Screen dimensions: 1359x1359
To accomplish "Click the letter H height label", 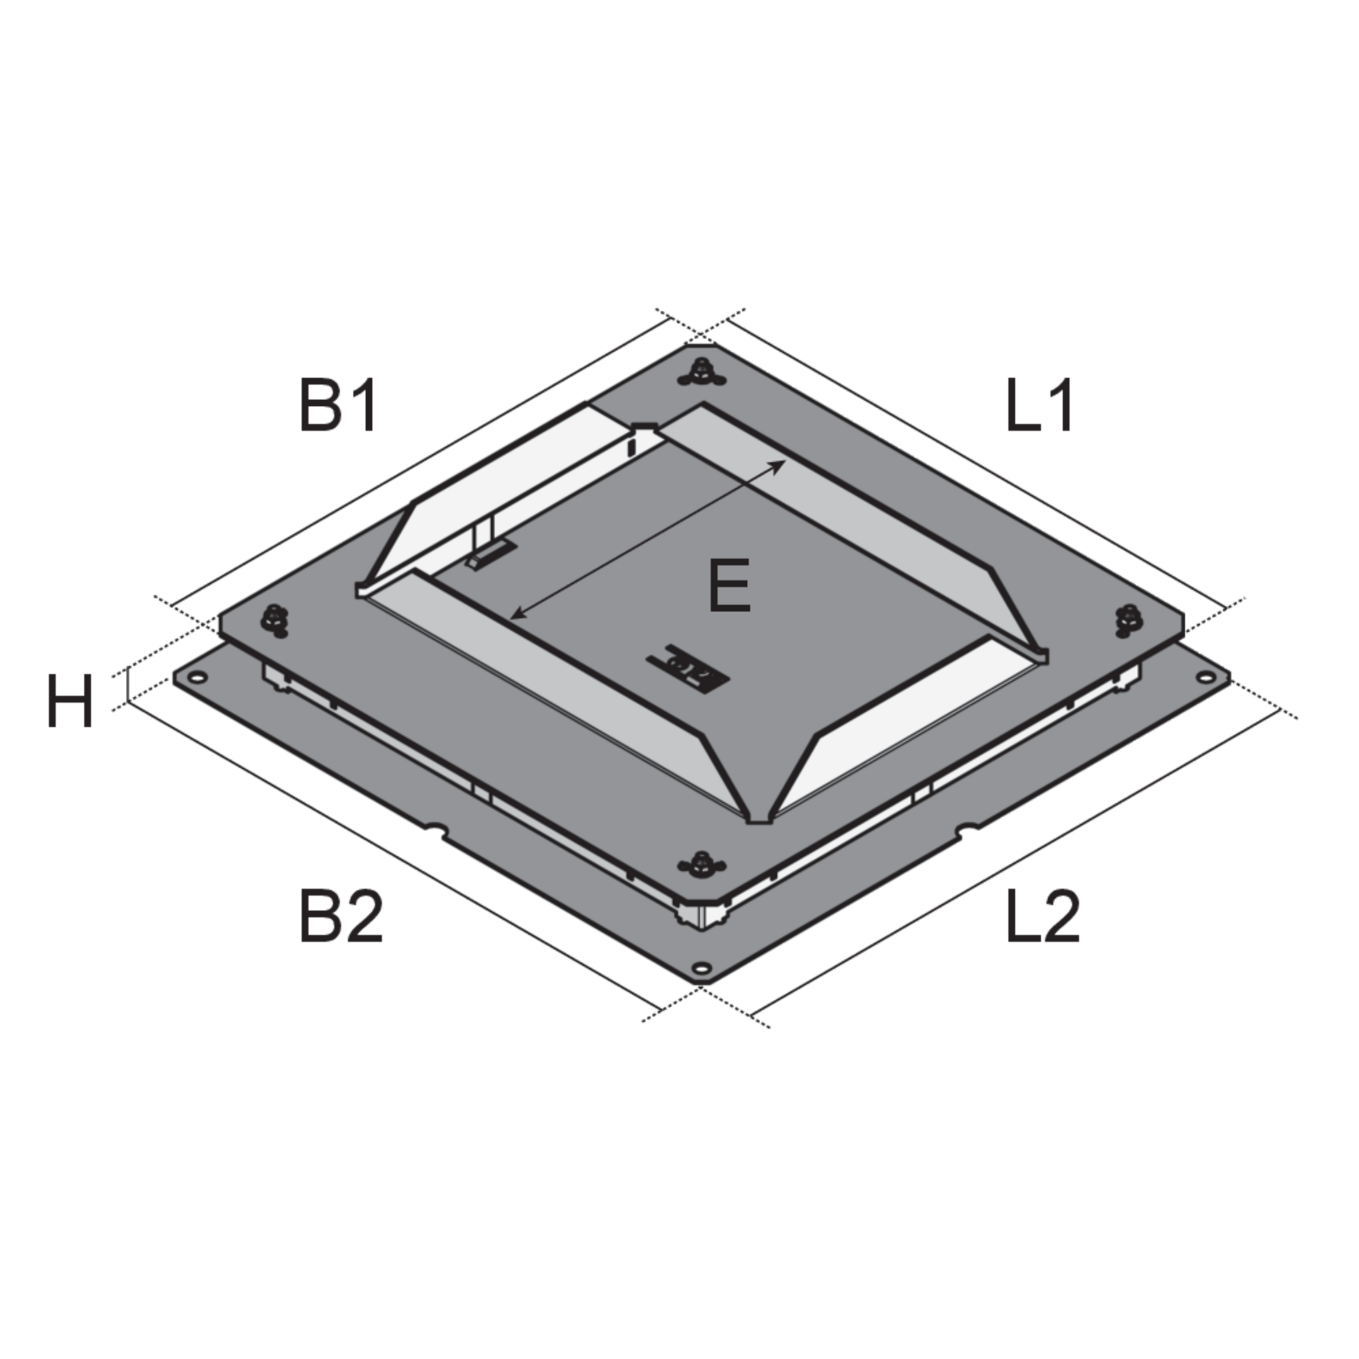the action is [x=70, y=702].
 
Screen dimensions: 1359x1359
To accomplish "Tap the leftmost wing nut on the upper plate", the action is [x=274, y=619].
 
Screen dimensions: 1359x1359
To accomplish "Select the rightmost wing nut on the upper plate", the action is [x=1128, y=620].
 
